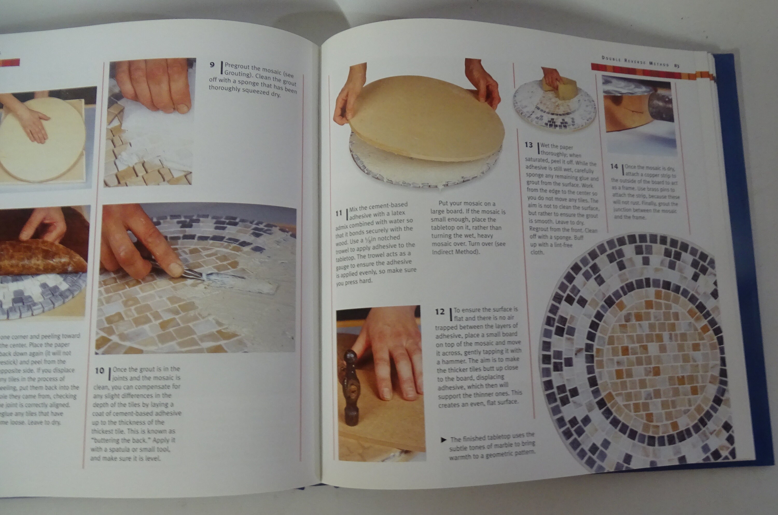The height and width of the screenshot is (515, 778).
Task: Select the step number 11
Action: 339,213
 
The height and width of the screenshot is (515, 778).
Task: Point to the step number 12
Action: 440,311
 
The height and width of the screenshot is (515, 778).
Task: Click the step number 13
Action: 529,145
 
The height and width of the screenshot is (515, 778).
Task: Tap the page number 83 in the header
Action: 677,65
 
